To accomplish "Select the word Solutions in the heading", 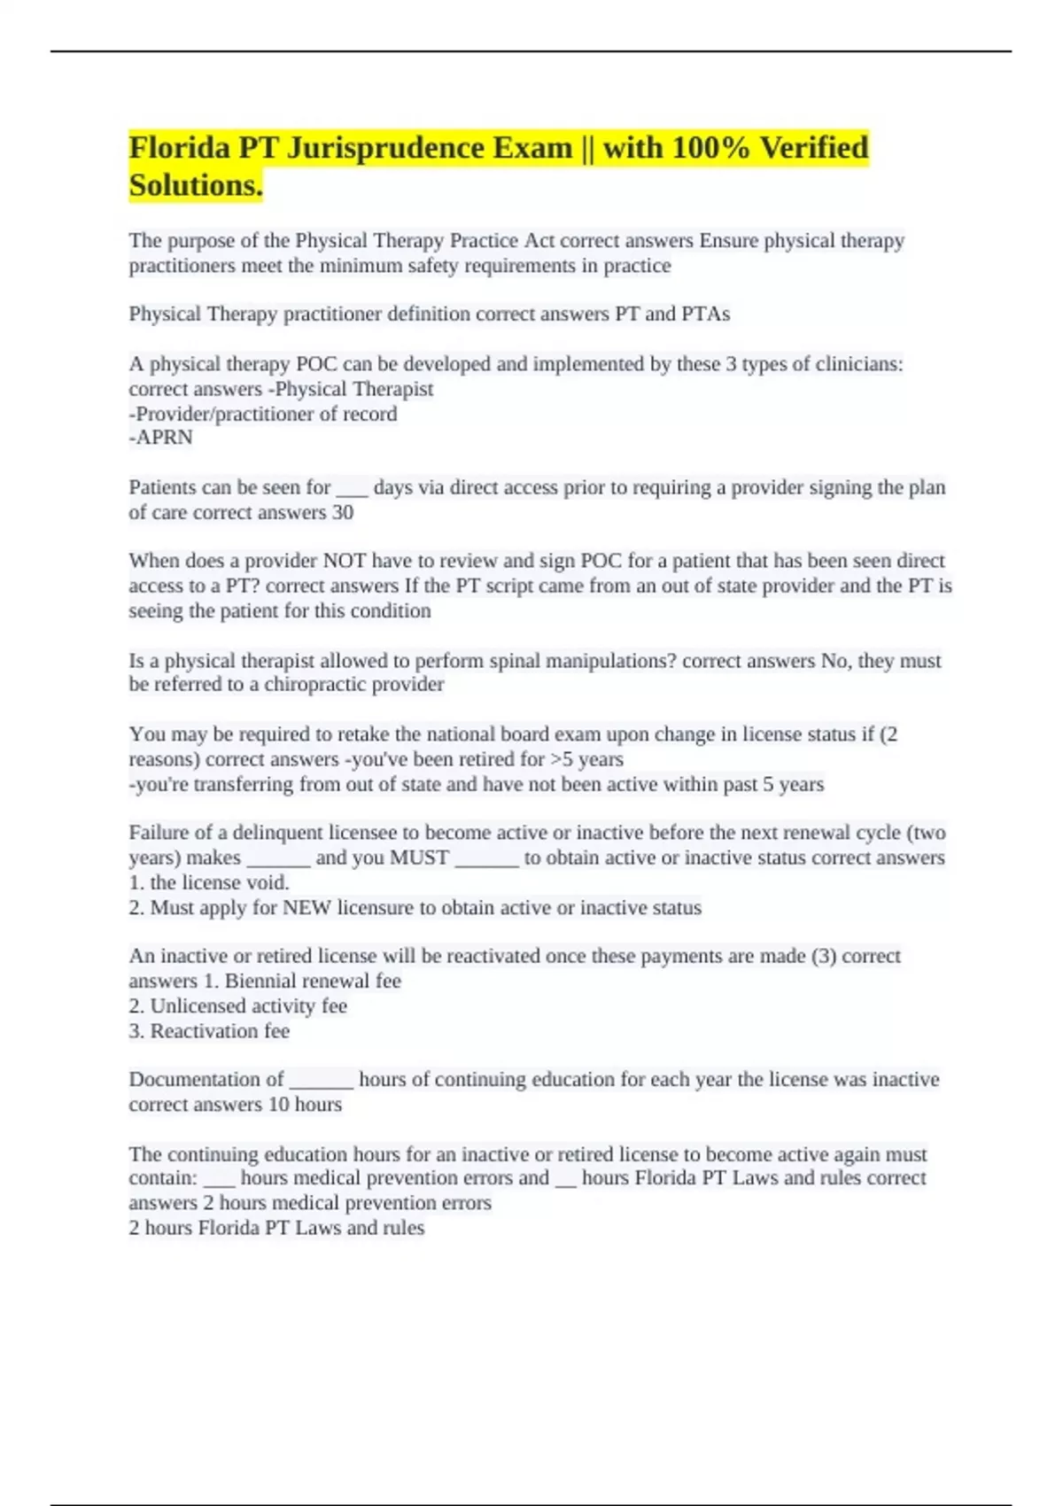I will (x=193, y=185).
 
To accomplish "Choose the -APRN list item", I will (x=161, y=438).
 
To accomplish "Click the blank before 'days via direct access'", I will (x=353, y=488).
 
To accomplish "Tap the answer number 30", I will (x=342, y=513).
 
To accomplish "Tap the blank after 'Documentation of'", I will (x=322, y=1080).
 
